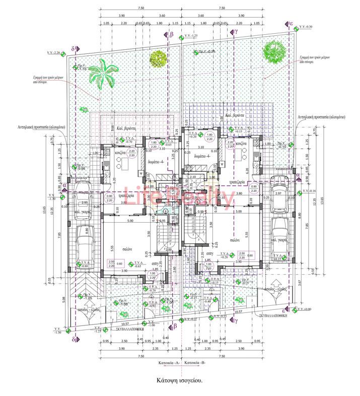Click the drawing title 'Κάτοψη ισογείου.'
point(179,381)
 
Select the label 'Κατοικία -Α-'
point(161,362)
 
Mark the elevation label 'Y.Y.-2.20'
point(54,52)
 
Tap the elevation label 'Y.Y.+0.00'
point(305,309)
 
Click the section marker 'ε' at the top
point(291,23)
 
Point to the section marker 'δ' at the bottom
point(74,339)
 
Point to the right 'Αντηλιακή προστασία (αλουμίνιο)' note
point(321,117)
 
